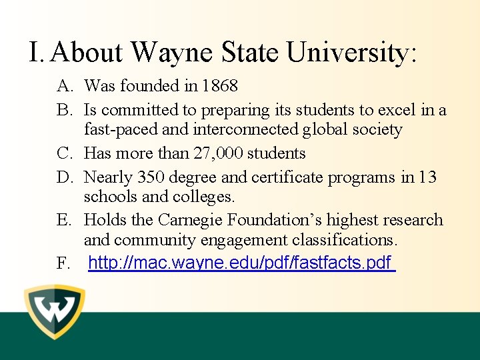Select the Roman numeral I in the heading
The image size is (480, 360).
(x=35, y=51)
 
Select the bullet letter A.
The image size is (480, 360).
(x=64, y=86)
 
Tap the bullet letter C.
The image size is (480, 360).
(x=64, y=153)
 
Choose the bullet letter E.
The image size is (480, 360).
(x=64, y=220)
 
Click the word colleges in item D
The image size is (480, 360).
(x=204, y=197)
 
